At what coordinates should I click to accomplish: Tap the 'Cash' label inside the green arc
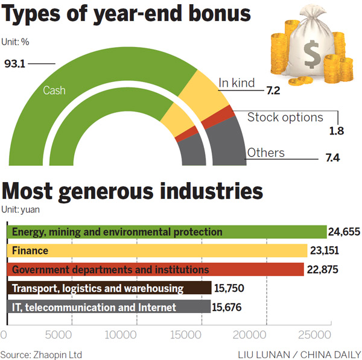click(54, 91)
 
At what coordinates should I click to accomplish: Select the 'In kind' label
click(237, 83)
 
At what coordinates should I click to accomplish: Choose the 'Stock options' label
click(285, 117)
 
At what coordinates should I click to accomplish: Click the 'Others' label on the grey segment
click(265, 153)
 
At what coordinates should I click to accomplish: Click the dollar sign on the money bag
click(313, 56)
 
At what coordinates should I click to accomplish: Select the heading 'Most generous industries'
click(133, 192)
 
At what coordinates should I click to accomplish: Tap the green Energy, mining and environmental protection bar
click(166, 232)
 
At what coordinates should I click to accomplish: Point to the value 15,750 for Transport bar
click(230, 288)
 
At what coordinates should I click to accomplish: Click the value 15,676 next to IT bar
click(229, 307)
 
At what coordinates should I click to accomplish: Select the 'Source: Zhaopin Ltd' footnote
click(41, 353)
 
